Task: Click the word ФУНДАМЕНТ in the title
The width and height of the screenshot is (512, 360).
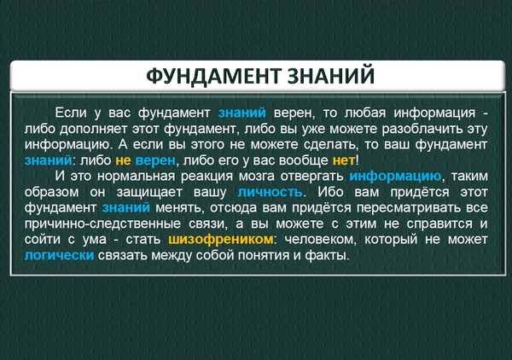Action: pyautogui.click(x=213, y=76)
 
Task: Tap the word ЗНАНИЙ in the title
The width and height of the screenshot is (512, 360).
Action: pyautogui.click(x=331, y=75)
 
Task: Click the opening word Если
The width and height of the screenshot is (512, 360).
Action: pyautogui.click(x=71, y=113)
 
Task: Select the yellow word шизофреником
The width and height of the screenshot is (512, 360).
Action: pyautogui.click(x=221, y=240)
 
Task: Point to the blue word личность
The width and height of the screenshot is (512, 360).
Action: pyautogui.click(x=270, y=192)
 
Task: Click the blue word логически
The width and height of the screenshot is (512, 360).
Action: pyautogui.click(x=59, y=255)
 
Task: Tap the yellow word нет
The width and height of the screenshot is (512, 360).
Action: pyautogui.click(x=344, y=160)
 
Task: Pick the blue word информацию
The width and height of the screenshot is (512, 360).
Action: pyautogui.click(x=395, y=177)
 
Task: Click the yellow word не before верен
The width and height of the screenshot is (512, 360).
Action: pyautogui.click(x=123, y=160)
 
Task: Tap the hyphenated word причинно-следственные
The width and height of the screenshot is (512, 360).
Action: pyautogui.click(x=102, y=224)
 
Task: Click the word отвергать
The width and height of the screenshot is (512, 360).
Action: pyautogui.click(x=311, y=177)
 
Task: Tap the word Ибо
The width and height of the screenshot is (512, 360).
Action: pyautogui.click(x=331, y=192)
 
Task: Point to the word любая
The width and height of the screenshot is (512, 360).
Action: pyautogui.click(x=365, y=113)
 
